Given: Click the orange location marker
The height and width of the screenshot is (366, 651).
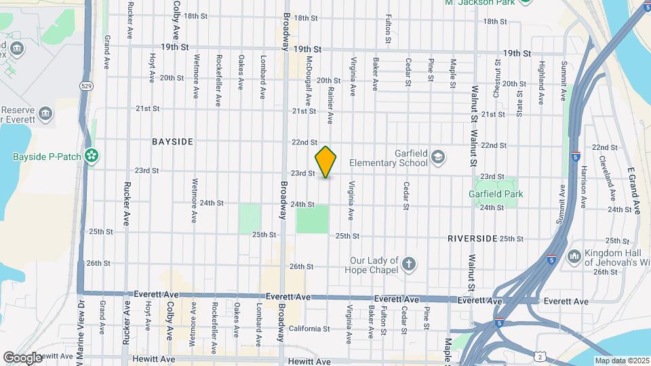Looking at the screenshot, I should tap(326, 162).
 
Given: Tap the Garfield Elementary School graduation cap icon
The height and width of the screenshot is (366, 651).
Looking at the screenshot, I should tap(437, 157).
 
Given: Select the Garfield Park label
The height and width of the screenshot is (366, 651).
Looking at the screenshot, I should tap(496, 194).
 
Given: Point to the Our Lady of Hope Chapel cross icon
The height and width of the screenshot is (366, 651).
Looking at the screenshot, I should tap(409, 264).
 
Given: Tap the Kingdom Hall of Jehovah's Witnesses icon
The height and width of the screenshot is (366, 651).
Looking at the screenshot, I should tap(574, 256).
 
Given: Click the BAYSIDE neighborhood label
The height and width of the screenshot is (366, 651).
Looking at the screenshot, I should tap(172, 142).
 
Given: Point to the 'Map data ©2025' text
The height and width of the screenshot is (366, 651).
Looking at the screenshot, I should tap(620, 361).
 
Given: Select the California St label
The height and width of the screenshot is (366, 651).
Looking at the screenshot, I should tap(309, 329).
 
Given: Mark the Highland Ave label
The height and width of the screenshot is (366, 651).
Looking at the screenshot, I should tap(540, 83).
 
